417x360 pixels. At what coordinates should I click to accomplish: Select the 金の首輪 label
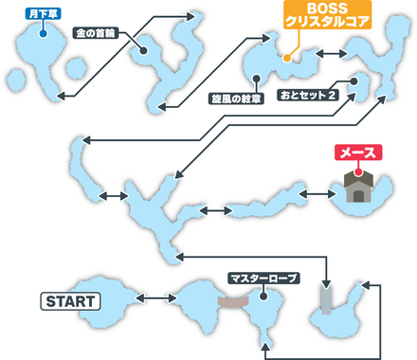coord(99,31)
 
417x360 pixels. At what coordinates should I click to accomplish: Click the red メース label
coord(356,153)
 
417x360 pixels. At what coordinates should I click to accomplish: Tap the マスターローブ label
coord(263,279)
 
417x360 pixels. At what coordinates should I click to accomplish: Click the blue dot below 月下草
coord(44,28)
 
